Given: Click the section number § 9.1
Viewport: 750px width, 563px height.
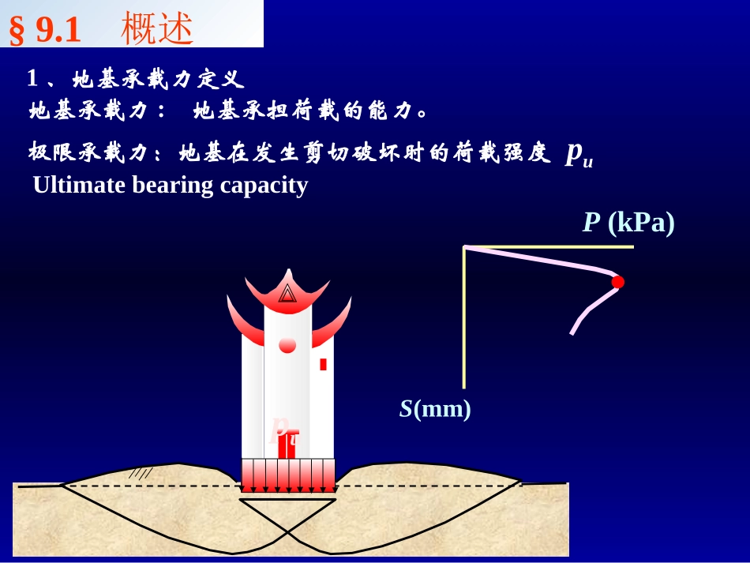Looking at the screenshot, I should point(45,30).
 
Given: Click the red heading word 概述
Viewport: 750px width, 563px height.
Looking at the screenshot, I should point(157,29).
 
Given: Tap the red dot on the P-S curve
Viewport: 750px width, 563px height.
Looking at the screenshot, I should point(617,282).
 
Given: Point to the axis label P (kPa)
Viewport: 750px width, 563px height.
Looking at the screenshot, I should point(628,223).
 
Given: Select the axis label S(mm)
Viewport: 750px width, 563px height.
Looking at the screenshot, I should point(435,409).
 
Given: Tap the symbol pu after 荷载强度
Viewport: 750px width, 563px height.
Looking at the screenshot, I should point(579,154).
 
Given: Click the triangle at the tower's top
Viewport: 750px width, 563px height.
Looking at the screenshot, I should point(287,295).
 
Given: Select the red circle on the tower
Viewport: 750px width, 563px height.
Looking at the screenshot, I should point(287,345).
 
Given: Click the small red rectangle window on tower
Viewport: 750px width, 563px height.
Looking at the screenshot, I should point(323,364).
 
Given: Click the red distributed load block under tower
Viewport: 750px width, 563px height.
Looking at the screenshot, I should point(288,475).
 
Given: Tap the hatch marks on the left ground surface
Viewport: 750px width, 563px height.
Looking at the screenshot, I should point(141,473).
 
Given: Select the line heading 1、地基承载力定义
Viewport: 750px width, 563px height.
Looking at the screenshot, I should point(136,79).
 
